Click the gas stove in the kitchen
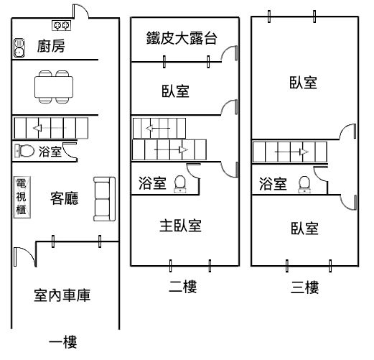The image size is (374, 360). click(x=61, y=25)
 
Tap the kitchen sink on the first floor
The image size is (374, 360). click(x=19, y=48)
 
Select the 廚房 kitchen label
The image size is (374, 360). click(x=51, y=46)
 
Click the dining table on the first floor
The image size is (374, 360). click(x=54, y=87)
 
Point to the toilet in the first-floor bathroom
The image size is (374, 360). click(x=24, y=151)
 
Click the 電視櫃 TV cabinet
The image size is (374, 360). click(x=22, y=198)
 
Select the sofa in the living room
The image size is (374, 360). click(x=104, y=199)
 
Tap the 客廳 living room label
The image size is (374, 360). click(x=64, y=198)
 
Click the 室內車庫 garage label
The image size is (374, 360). click(x=62, y=295)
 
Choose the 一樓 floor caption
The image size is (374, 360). click(x=63, y=342)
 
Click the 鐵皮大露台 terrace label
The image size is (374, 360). click(x=182, y=38)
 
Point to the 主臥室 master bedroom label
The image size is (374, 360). click(x=180, y=226)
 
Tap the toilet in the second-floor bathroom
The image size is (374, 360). click(x=180, y=184)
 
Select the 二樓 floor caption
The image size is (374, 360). click(x=183, y=286)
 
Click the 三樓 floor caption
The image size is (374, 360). click(x=304, y=287)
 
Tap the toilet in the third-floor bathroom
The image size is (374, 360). click(x=304, y=185)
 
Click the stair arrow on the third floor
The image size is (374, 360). click(x=291, y=152)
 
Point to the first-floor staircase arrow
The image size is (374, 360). click(x=50, y=128)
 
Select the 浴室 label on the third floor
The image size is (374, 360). click(x=273, y=184)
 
